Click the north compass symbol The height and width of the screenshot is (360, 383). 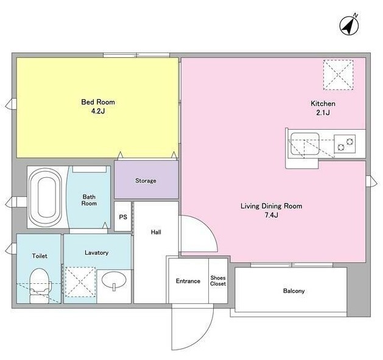coord(350,25)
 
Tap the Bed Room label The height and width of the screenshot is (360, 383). coord(98,102)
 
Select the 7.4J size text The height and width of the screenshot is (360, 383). coord(271,215)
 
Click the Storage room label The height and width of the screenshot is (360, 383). coord(146,181)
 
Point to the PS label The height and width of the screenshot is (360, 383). coord(123,217)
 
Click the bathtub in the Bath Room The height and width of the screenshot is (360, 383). coord(46,197)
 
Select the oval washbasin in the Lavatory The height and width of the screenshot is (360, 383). coord(114,281)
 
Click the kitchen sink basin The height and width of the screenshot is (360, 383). coord(304,144)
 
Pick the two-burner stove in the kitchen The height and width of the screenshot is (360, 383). coord(345,144)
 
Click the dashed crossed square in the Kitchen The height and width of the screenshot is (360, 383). coord(339,75)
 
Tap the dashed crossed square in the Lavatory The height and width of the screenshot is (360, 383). coord(80,282)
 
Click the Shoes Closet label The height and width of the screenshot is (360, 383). coord(218,281)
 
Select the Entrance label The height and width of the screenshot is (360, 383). coord(188,281)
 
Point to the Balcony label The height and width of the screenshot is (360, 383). coord(294,291)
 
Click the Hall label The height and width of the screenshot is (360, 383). coord(156,232)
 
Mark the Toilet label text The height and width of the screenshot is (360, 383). coord(40,256)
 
